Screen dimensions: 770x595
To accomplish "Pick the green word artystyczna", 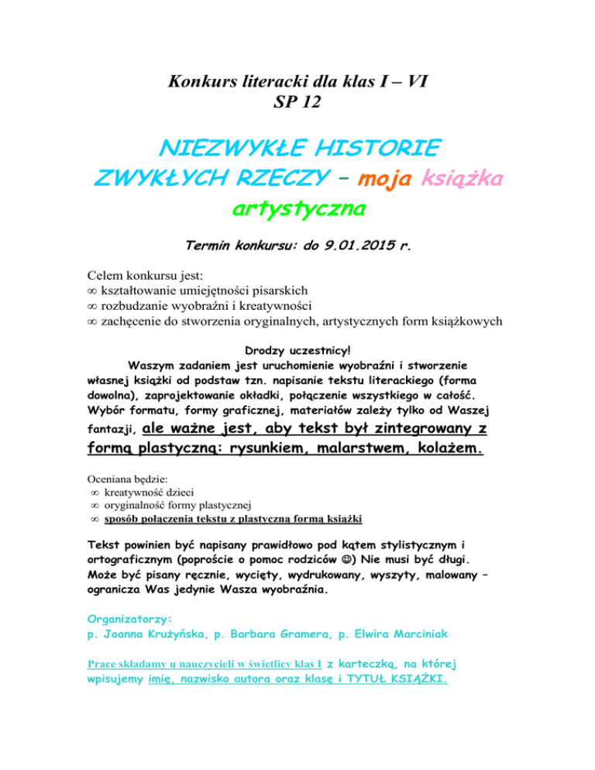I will (298, 208).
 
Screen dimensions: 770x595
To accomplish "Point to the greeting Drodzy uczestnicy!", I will (298, 348).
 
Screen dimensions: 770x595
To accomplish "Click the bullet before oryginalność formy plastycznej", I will (93, 505).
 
